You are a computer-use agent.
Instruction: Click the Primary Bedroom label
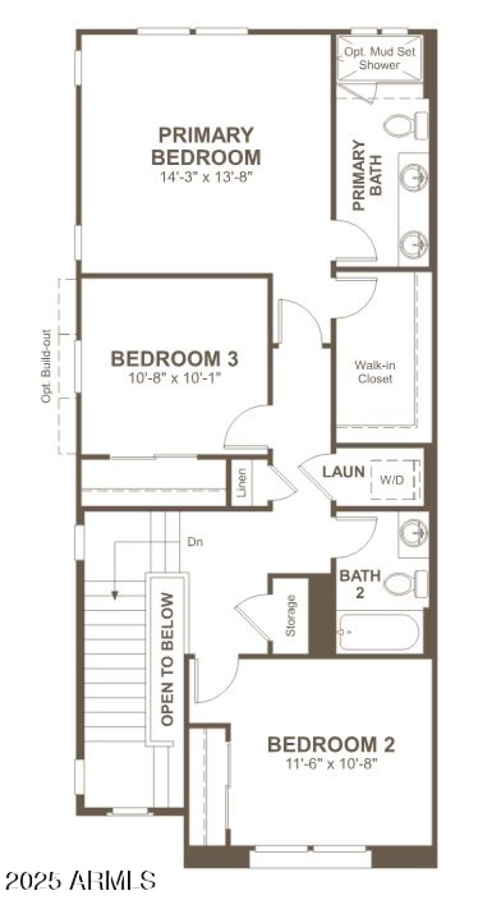[205, 145]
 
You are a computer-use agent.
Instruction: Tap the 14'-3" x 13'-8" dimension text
[205, 177]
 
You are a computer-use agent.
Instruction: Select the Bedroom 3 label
[175, 358]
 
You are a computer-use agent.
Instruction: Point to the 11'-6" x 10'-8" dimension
[331, 764]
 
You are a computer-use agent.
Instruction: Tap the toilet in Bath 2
[407, 581]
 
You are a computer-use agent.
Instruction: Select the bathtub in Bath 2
[378, 632]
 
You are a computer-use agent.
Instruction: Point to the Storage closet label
[291, 616]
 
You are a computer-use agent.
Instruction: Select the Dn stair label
[195, 542]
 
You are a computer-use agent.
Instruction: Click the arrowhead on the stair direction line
[115, 594]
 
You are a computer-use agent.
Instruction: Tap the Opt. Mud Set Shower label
[379, 58]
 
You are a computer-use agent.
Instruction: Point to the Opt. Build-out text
[47, 367]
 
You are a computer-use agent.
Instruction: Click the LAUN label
[344, 473]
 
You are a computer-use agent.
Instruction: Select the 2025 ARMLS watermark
[80, 880]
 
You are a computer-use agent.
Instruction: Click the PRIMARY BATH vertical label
[367, 177]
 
